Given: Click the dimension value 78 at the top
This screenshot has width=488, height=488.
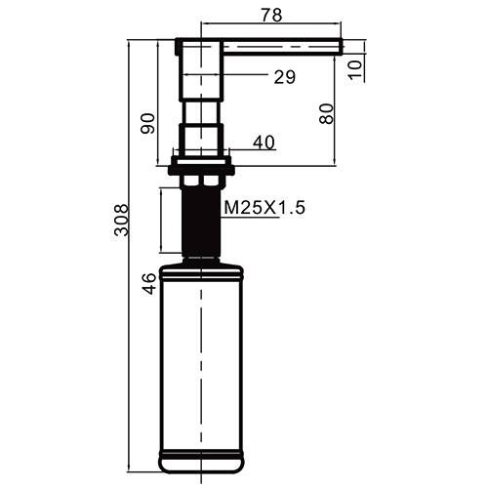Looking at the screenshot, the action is coord(272,15).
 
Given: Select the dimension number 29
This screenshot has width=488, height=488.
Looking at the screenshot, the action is coord(285,77).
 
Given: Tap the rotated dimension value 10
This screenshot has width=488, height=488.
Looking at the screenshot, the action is coord(355,69).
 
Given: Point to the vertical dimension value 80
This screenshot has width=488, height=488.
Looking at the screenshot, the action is coord(327,113).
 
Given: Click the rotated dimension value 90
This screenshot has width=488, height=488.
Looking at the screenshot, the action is coord(147,123).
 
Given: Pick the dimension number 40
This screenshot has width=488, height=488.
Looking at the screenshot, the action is coord(264,142).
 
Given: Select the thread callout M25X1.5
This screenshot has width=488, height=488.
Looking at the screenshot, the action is coord(264,208).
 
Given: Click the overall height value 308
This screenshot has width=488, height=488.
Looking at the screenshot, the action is coord(122,220).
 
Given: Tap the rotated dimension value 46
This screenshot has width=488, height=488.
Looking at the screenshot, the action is coord(149,284).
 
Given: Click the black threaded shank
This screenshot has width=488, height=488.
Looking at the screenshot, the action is coord(201,222).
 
